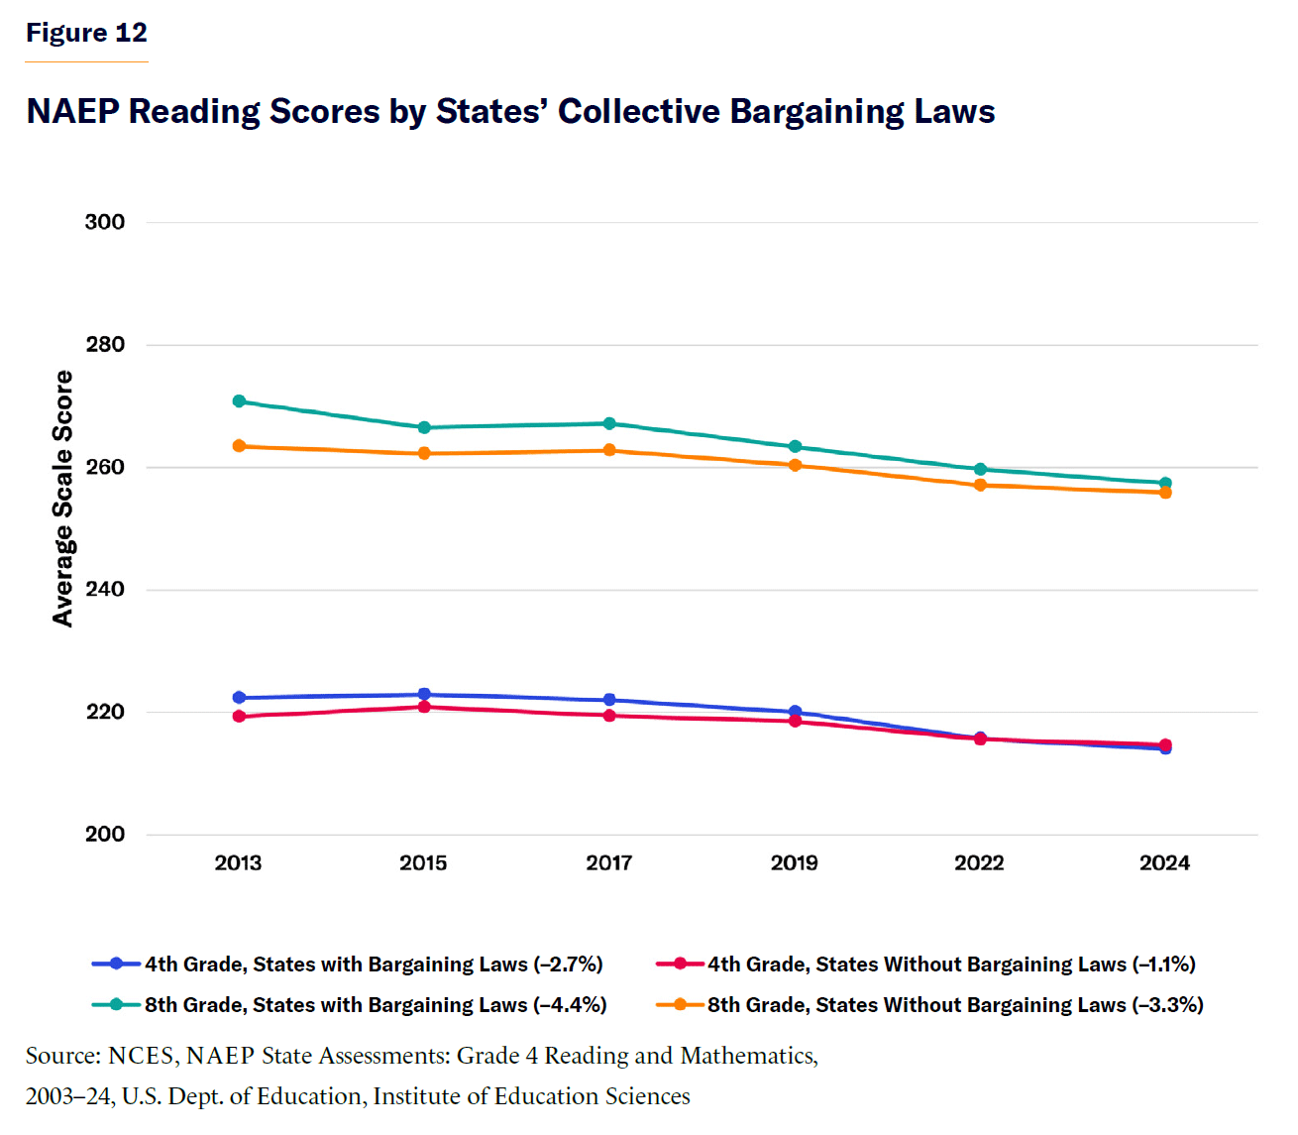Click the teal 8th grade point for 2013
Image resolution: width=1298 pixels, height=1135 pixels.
239,401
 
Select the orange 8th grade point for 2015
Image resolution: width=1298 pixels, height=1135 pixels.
424,454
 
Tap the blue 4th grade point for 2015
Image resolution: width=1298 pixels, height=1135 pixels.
424,695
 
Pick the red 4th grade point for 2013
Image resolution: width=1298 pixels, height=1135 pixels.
239,717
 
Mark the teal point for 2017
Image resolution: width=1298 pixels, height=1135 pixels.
609,424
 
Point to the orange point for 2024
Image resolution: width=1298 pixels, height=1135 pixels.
1165,493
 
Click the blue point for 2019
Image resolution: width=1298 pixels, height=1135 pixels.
795,712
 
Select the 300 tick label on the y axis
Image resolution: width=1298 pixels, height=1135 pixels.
105,222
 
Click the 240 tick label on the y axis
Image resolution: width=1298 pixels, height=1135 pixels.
105,590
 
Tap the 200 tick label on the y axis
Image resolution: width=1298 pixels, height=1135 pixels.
105,835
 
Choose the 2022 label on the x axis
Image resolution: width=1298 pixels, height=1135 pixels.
979,863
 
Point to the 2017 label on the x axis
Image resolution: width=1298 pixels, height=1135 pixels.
608,863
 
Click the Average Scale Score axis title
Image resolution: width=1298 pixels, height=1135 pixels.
63,499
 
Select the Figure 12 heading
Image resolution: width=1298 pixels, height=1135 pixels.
86,33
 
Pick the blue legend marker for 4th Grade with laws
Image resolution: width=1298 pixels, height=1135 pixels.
117,964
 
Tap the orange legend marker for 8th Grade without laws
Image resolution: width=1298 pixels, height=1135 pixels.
680,1004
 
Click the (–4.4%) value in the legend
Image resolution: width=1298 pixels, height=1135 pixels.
570,1005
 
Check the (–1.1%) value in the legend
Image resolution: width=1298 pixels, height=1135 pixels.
1163,965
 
